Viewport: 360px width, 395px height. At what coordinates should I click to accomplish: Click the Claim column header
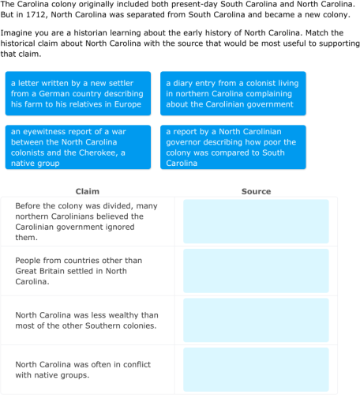point(87,191)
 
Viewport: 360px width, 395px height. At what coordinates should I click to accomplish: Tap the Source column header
point(256,191)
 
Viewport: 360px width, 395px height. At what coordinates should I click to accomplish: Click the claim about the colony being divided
point(87,221)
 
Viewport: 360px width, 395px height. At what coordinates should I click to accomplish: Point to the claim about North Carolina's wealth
point(87,319)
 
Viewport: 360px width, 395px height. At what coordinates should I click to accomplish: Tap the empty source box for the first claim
point(256,221)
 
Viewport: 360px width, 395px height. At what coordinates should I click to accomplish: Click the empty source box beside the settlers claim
point(256,270)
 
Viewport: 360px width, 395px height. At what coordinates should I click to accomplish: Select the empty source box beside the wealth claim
point(256,319)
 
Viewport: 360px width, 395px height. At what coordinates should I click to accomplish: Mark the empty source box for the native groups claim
point(256,369)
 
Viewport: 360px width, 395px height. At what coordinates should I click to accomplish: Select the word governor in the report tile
point(182,142)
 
